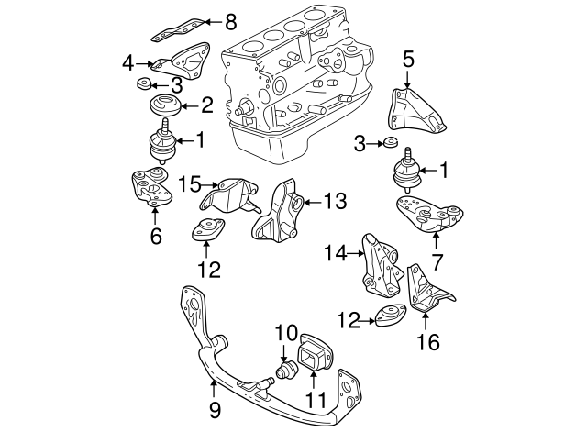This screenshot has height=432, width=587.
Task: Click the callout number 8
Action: tap(230, 19)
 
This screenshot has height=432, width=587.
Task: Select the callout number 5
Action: tap(408, 60)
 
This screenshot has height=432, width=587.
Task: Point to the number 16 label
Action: tap(427, 343)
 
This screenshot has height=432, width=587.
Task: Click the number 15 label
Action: tap(189, 183)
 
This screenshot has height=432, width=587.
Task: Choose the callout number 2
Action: tap(207, 105)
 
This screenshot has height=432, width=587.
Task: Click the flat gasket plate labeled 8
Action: tap(178, 26)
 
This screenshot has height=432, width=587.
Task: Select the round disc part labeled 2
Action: tap(163, 105)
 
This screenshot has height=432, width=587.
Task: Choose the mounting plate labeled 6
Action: tap(151, 187)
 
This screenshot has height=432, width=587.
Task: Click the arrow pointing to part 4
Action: tap(142, 63)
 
